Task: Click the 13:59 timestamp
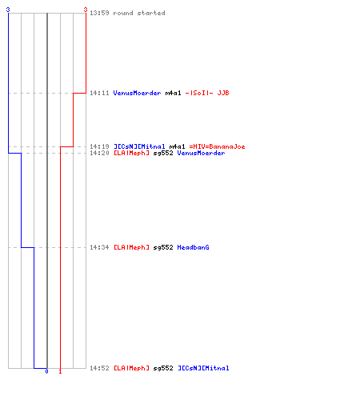(99, 13)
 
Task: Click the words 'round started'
(139, 13)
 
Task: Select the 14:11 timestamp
(99, 93)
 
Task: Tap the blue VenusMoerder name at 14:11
(137, 93)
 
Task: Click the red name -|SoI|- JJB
(207, 93)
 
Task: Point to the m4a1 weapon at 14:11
(173, 93)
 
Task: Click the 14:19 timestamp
(99, 146)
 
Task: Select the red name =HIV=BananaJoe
(217, 146)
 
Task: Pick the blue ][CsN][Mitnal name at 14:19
(139, 146)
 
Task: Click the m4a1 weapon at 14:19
(177, 146)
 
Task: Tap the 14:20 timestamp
(99, 153)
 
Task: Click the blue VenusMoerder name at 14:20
(201, 153)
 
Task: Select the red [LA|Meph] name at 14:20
(131, 153)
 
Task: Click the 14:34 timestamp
(99, 247)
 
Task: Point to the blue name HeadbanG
(193, 247)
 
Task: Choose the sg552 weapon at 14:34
(163, 247)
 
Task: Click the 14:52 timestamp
(99, 368)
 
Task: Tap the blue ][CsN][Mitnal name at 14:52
(203, 368)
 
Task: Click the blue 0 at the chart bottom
(46, 371)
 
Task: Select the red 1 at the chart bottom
(60, 371)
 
